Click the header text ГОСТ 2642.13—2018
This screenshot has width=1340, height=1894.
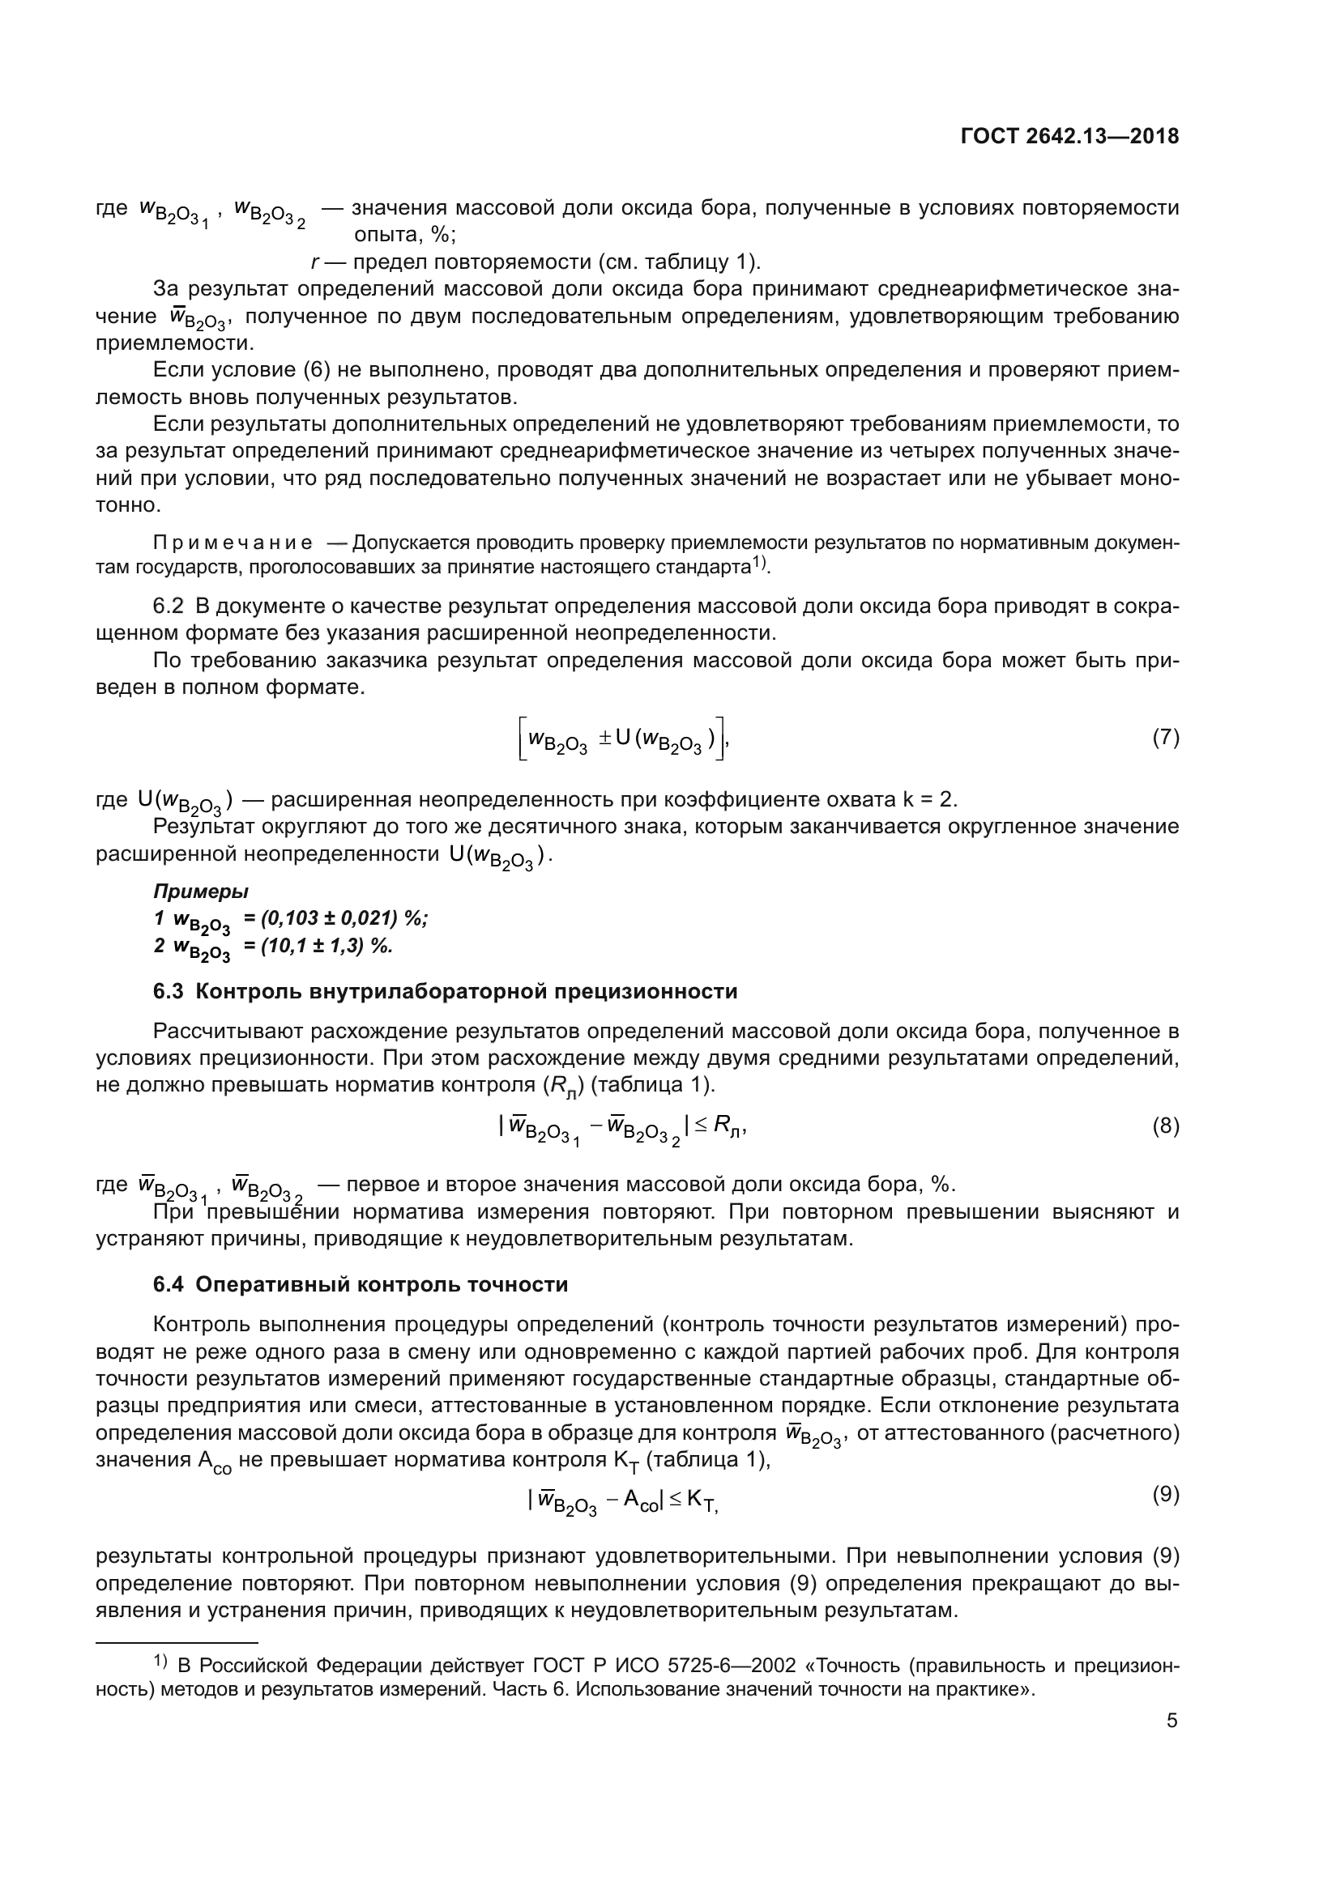[x=1069, y=137]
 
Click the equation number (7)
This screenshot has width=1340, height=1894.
[x=1165, y=738]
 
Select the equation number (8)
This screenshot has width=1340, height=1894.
[x=1165, y=1126]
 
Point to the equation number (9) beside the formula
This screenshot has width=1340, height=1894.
[x=1165, y=1494]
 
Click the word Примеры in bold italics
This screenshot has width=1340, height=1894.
[x=200, y=891]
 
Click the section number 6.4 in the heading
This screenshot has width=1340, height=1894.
[x=169, y=1284]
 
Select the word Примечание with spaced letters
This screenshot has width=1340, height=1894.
[x=233, y=543]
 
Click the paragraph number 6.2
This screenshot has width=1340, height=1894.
[x=169, y=607]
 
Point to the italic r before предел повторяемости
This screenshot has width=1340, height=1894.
[x=315, y=262]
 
